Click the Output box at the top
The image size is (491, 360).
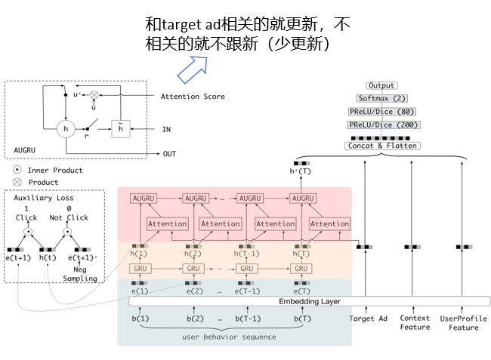pyautogui.click(x=381, y=86)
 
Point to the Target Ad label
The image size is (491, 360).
pyautogui.click(x=367, y=318)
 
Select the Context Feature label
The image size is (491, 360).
pyautogui.click(x=415, y=323)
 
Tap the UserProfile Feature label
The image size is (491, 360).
pyautogui.click(x=464, y=323)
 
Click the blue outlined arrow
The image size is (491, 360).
pyautogui.click(x=192, y=69)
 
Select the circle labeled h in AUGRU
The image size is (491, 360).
pyautogui.click(x=66, y=130)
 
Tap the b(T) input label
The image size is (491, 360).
pyautogui.click(x=300, y=318)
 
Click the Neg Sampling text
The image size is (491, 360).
pyautogui.click(x=80, y=274)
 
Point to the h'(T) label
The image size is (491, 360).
pyautogui.click(x=301, y=171)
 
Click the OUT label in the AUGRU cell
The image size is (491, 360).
pyautogui.click(x=170, y=153)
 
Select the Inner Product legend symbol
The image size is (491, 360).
pyautogui.click(x=16, y=171)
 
